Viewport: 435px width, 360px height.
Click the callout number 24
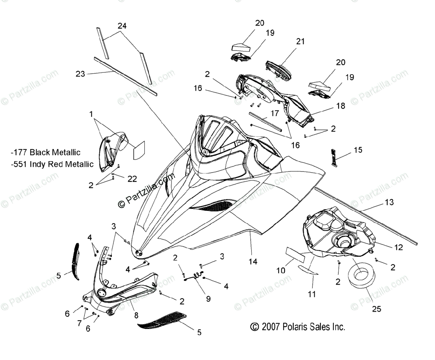[x=122, y=26]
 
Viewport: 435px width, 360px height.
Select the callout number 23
[x=80, y=74]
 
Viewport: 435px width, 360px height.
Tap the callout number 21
[x=300, y=41]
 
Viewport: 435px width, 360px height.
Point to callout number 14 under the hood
[x=253, y=262]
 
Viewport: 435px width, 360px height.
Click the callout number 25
[x=377, y=309]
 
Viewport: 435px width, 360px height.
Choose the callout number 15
[x=358, y=150]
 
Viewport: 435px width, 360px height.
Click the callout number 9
[x=208, y=299]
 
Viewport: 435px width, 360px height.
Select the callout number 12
[x=398, y=247]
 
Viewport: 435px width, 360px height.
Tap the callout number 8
[x=136, y=315]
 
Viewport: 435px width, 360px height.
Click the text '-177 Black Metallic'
[x=46, y=152]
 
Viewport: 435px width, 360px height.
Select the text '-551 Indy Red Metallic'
[x=52, y=164]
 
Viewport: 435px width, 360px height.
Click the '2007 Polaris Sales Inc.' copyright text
[x=298, y=327]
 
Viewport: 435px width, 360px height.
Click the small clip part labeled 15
[x=334, y=158]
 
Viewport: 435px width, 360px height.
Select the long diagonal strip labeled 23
[x=125, y=77]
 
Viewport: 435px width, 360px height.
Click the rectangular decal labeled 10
[x=296, y=255]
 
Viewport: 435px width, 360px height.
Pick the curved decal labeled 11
[x=307, y=270]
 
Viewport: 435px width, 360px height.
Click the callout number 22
[x=132, y=179]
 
